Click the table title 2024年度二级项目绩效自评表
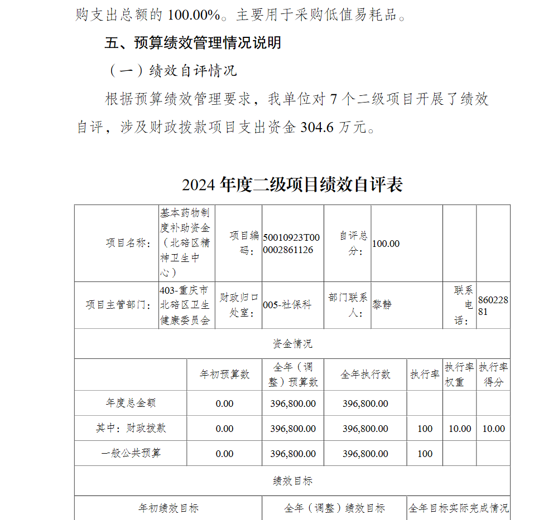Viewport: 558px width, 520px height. click(x=292, y=184)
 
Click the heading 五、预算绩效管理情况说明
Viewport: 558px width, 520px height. click(x=193, y=43)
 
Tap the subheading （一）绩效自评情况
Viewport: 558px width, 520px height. click(x=172, y=71)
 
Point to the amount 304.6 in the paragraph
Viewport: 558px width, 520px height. click(x=316, y=128)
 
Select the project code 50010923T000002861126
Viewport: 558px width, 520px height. click(x=292, y=244)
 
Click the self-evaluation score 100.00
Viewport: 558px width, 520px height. click(x=386, y=244)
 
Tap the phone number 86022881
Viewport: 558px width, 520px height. click(x=493, y=305)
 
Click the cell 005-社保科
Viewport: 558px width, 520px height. click(x=287, y=305)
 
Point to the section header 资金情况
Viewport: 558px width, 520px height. click(x=292, y=344)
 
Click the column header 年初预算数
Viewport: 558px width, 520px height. click(x=224, y=375)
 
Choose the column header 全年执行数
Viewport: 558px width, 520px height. click(x=365, y=375)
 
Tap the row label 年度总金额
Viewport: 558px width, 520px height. click(x=131, y=403)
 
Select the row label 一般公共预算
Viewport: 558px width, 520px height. click(x=131, y=453)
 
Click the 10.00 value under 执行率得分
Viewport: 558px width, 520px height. click(x=493, y=429)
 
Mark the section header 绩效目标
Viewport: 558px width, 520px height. click(x=292, y=481)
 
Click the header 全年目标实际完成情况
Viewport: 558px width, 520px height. click(x=458, y=508)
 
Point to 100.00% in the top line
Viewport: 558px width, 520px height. click(x=194, y=15)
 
